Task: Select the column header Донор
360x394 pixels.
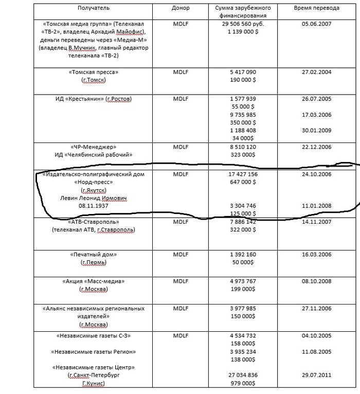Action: (181, 8)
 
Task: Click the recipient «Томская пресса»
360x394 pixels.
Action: (93, 72)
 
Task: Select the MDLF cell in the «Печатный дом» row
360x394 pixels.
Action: (181, 255)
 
